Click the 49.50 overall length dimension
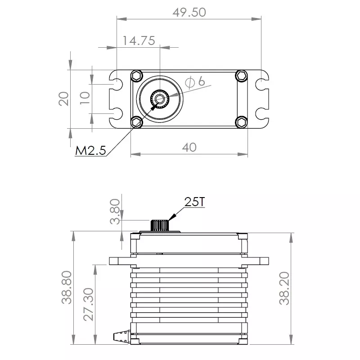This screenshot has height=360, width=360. [189, 12]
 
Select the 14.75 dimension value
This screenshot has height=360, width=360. [139, 40]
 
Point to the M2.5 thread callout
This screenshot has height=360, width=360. [90, 151]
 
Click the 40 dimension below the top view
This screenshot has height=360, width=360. [190, 147]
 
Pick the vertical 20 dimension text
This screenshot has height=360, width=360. [64, 98]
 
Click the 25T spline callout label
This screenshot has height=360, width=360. [194, 202]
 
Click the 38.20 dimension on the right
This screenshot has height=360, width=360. [283, 291]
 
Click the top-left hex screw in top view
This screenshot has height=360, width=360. [136, 76]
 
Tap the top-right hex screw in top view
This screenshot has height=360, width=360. [242, 76]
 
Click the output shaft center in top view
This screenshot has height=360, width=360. [159, 98]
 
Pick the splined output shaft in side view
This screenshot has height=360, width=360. [159, 225]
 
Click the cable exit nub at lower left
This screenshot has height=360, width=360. [121, 336]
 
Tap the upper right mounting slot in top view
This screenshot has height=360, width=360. [261, 84]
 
